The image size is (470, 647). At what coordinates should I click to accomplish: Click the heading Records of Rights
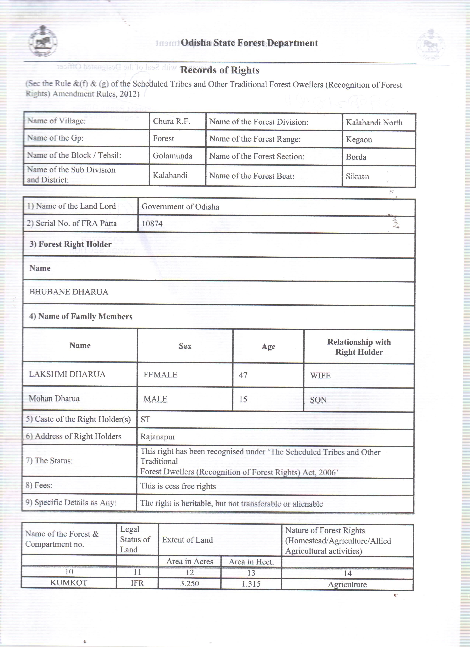220,70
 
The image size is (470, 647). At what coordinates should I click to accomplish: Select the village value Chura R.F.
171,121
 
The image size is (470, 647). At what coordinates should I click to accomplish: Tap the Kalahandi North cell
374,123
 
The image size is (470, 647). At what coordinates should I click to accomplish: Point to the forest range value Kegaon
359,140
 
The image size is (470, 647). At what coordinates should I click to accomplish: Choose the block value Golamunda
173,156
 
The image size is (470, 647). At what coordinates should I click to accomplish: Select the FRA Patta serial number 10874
152,224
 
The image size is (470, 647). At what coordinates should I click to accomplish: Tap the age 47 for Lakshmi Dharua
243,375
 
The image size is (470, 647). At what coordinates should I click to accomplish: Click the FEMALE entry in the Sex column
160,375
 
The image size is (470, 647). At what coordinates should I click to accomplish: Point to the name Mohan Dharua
54,399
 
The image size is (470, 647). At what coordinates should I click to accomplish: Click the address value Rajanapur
158,437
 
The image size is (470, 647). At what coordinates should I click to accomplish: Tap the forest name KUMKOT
69,583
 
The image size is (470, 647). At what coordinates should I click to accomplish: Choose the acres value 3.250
189,583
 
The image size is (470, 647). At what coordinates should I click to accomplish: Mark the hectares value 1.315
251,584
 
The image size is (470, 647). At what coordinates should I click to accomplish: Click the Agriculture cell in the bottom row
347,585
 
